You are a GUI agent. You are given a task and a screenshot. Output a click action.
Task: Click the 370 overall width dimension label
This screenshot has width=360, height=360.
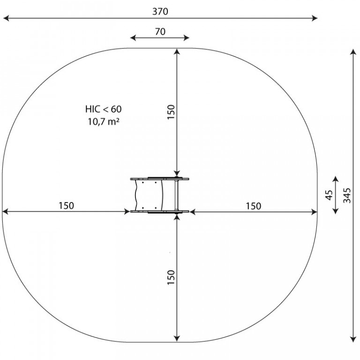click(160, 11)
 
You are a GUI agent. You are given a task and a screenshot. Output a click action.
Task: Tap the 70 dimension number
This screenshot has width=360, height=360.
click(160, 32)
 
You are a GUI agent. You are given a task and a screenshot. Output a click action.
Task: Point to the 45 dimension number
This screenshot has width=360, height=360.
click(329, 195)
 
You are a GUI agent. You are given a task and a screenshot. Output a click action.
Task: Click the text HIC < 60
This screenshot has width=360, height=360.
click(103, 109)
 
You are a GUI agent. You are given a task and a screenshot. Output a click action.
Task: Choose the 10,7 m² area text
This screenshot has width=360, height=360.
click(103, 121)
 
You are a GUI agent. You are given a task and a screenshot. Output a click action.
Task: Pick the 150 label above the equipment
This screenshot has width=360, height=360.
click(171, 112)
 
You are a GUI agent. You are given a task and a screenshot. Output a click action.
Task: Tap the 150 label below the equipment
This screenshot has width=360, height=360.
click(171, 277)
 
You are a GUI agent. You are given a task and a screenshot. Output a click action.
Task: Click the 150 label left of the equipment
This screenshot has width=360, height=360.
click(67, 205)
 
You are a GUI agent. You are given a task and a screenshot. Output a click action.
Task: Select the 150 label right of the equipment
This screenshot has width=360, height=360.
click(254, 206)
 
